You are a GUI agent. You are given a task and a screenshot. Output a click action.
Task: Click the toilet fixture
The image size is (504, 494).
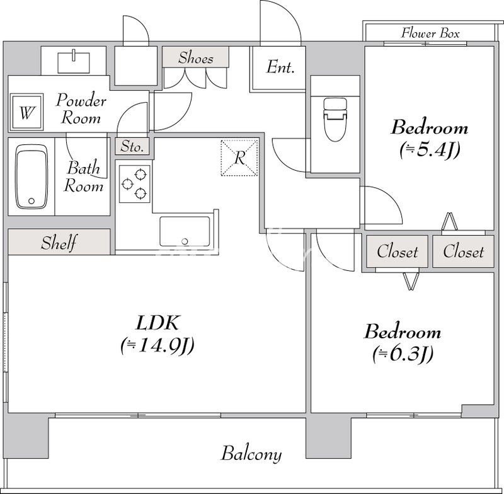335,119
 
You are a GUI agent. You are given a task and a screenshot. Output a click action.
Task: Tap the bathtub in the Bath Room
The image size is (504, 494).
31,176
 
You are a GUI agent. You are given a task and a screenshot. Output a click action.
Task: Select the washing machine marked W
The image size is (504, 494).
26,112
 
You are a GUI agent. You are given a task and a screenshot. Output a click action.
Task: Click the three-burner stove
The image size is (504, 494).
134,184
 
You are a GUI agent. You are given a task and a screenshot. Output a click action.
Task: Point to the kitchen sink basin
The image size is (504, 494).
185,231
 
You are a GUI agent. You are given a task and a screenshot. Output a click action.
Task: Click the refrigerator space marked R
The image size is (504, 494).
239,158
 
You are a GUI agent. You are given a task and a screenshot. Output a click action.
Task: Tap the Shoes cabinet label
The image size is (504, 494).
196,58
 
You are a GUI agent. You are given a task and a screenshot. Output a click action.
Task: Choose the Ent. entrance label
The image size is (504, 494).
280,67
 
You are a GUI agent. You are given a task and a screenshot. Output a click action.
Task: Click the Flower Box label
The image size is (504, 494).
430,33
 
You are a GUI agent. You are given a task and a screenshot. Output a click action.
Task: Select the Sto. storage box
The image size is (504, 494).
132,147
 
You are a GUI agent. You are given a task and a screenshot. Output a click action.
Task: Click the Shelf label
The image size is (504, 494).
59,243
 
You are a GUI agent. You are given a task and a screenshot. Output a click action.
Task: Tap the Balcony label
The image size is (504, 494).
251,454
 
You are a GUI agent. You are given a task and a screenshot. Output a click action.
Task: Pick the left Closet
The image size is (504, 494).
398,251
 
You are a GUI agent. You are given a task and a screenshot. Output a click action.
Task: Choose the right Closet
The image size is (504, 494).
463,251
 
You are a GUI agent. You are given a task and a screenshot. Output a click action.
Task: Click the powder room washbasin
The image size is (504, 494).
74,62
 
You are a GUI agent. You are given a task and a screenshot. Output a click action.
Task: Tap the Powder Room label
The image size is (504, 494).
81,108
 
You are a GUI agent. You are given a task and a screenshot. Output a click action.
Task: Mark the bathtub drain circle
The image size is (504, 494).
31,201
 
